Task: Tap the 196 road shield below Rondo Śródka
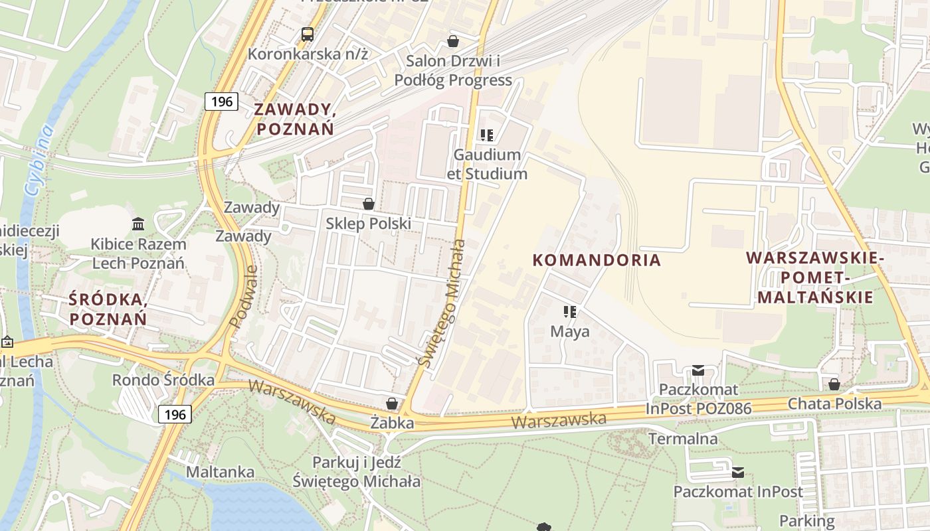click(x=175, y=415)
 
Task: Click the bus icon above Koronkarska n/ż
click(x=307, y=34)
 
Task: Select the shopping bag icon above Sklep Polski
click(x=368, y=204)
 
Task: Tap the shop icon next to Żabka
click(x=392, y=404)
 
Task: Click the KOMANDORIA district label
click(x=597, y=260)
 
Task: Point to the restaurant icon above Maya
click(x=569, y=311)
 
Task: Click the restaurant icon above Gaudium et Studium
click(x=487, y=135)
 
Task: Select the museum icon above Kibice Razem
click(x=138, y=224)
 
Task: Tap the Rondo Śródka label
click(x=163, y=380)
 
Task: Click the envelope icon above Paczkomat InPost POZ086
click(x=697, y=370)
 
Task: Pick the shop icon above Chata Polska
click(x=834, y=384)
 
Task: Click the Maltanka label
click(x=220, y=472)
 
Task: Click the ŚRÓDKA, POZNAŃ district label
click(x=108, y=309)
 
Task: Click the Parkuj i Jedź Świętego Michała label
click(x=357, y=472)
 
